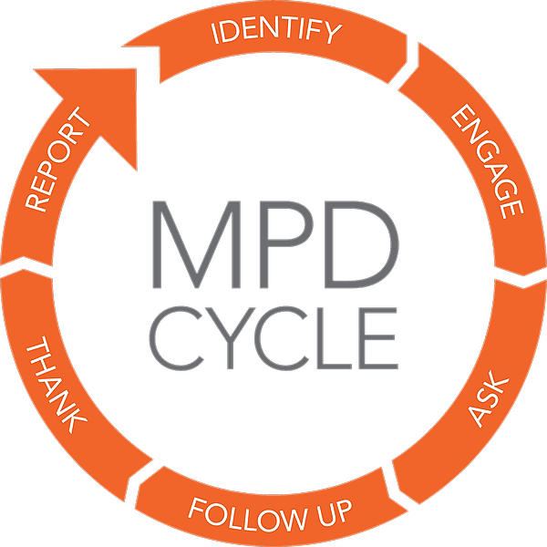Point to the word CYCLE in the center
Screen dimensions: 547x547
pyautogui.click(x=273, y=335)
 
